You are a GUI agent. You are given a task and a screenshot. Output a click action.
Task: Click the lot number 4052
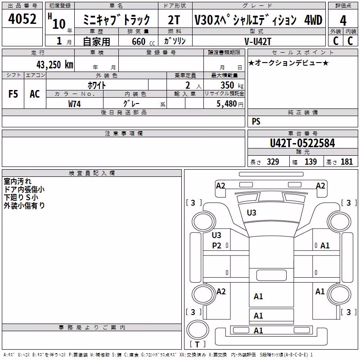22,19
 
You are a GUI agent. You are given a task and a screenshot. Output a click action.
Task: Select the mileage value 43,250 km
55,65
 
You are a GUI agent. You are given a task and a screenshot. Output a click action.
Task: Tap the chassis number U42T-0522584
302,143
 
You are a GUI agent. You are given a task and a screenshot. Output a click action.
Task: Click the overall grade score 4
343,21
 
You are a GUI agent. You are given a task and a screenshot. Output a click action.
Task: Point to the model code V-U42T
258,41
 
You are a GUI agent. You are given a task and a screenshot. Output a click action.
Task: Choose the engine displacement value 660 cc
143,41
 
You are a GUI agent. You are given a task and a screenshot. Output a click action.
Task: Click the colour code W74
74,104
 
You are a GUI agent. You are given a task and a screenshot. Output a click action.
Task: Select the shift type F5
13,94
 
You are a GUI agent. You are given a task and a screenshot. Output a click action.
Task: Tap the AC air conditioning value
35,94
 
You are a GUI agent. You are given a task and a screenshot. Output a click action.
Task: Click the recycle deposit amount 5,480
227,104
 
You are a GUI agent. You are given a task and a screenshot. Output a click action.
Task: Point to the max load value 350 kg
232,85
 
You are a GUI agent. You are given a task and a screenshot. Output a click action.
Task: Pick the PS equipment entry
256,121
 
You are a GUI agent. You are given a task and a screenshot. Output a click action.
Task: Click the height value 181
346,162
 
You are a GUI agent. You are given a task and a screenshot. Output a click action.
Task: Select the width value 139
310,162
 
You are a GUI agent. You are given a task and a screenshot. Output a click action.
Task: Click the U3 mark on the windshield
252,213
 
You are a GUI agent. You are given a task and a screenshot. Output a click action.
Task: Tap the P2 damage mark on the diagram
216,246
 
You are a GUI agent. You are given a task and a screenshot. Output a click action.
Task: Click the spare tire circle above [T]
198,329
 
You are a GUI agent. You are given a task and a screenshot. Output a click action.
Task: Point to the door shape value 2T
174,20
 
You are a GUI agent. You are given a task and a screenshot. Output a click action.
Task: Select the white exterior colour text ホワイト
97,85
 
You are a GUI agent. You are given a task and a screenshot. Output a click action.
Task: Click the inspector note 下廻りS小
21,197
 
